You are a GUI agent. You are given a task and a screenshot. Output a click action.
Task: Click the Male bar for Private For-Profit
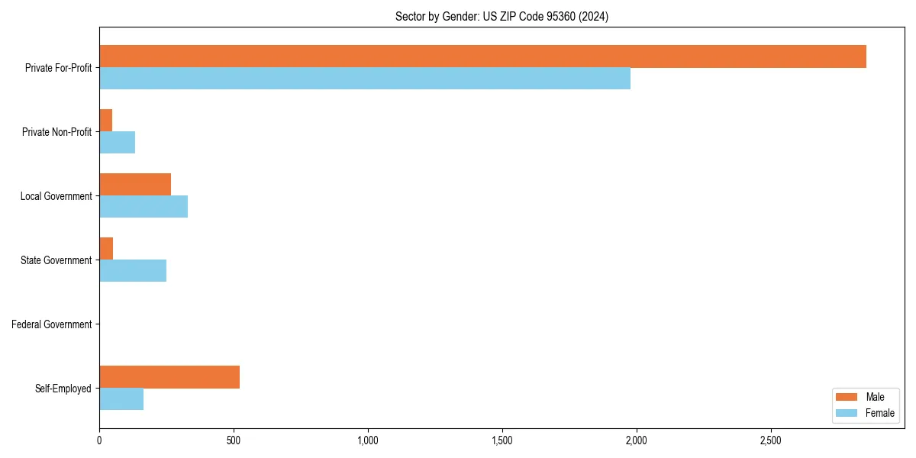pos(482,56)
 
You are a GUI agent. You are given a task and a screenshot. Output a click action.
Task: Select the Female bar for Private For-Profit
pos(365,79)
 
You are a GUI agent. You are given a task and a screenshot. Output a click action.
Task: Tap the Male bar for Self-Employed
pos(169,377)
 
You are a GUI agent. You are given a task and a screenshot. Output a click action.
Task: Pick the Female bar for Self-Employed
pos(121,399)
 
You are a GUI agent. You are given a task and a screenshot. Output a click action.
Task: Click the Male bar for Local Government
pos(135,185)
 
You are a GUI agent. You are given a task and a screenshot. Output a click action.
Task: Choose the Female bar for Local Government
pos(144,207)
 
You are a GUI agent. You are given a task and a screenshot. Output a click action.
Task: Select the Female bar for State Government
pos(133,271)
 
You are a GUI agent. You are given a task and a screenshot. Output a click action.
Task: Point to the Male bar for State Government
pos(106,249)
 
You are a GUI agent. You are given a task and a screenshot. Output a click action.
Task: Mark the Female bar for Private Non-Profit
pos(118,143)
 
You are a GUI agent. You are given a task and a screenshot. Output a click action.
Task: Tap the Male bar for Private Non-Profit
pos(106,121)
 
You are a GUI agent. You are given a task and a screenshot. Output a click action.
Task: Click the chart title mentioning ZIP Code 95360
pos(502,16)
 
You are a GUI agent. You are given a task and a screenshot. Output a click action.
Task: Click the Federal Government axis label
pos(52,324)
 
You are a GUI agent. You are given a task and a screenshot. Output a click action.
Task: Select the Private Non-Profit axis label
pos(56,132)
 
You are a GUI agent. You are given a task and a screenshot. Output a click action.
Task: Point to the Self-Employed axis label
pos(63,389)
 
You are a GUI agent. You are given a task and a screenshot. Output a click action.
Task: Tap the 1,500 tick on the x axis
pos(502,440)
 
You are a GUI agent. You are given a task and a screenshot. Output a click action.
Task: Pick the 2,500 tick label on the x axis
pos(770,440)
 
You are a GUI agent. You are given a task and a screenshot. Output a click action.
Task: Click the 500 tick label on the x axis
pos(234,440)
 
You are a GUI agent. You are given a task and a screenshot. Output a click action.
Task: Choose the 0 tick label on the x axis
pos(99,440)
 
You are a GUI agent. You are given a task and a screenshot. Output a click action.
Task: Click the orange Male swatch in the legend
pos(847,397)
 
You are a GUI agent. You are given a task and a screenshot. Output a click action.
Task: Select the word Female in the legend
pos(880,413)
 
